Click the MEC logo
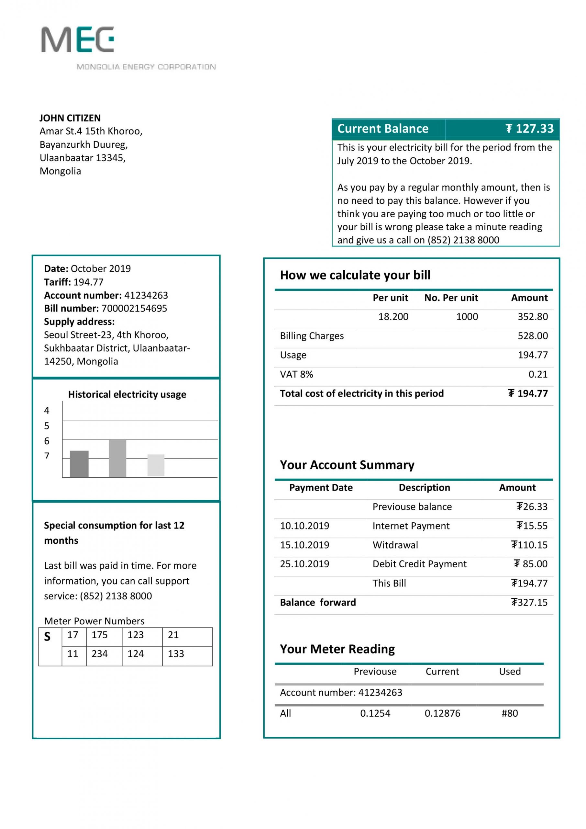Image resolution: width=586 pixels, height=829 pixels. pyautogui.click(x=78, y=40)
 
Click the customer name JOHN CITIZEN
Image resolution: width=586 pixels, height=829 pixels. pyautogui.click(x=70, y=118)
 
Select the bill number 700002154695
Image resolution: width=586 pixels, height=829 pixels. pyautogui.click(x=134, y=308)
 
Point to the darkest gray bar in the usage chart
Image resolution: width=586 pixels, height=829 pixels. pyautogui.click(x=79, y=464)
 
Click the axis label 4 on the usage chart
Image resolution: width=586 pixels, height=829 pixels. pyautogui.click(x=47, y=410)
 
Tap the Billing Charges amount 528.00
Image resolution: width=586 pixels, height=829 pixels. pyautogui.click(x=533, y=336)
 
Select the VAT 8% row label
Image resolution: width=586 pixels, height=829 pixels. pyautogui.click(x=296, y=374)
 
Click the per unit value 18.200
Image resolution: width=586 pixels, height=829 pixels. pyautogui.click(x=393, y=317)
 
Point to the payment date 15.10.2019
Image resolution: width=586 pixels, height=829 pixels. pyautogui.click(x=304, y=545)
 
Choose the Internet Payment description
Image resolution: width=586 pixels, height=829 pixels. pyautogui.click(x=411, y=526)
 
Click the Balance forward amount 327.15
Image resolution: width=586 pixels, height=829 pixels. pyautogui.click(x=529, y=602)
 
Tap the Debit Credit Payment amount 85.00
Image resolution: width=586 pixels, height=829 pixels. pyautogui.click(x=530, y=564)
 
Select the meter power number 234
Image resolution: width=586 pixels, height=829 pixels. pyautogui.click(x=100, y=654)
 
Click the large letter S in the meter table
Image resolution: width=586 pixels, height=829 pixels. pyautogui.click(x=47, y=637)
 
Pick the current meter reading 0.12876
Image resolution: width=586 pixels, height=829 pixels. pyautogui.click(x=442, y=713)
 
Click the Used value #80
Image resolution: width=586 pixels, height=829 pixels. pyautogui.click(x=510, y=713)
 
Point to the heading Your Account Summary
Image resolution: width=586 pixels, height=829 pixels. pyautogui.click(x=347, y=465)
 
